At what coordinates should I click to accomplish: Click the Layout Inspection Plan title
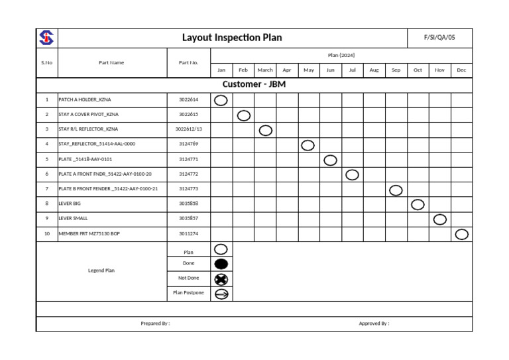[x=232, y=38]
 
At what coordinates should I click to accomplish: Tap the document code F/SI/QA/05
[x=439, y=38]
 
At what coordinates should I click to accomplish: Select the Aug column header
[x=374, y=70]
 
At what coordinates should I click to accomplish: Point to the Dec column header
[x=461, y=70]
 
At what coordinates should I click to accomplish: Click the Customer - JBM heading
[x=254, y=85]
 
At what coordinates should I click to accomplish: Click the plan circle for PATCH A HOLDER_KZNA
[x=221, y=100]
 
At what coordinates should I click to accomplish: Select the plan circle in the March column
[x=265, y=130]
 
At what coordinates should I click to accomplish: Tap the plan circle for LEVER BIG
[x=418, y=204]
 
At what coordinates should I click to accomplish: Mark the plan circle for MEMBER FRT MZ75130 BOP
[x=462, y=234]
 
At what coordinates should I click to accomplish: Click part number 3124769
[x=189, y=144]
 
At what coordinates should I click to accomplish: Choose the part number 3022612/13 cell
[x=189, y=129]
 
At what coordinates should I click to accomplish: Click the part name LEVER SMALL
[x=73, y=218]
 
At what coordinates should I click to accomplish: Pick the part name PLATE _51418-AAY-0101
[x=85, y=159]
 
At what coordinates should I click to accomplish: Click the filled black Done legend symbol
[x=221, y=264]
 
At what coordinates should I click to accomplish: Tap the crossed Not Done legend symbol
[x=221, y=278]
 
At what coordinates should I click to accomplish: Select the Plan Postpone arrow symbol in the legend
[x=221, y=294]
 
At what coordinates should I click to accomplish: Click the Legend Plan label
[x=101, y=270]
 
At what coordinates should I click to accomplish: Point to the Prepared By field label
[x=155, y=324]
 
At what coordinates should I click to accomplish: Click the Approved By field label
[x=374, y=324]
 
